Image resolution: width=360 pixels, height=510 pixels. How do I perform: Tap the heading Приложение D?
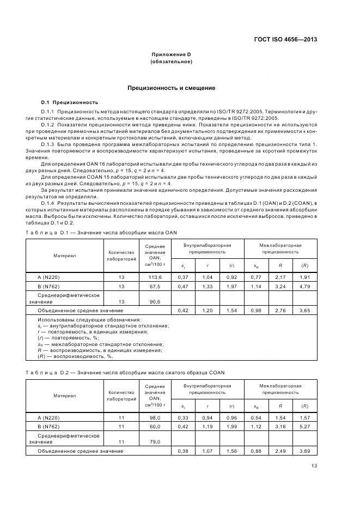pos(171,54)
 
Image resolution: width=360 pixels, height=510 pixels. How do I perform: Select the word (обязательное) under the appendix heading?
pos(171,62)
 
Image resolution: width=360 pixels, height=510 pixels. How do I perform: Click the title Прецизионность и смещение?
pos(171,87)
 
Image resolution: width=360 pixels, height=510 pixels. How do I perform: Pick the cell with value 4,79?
pos(304,286)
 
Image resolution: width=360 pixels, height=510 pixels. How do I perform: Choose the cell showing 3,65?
pos(304,310)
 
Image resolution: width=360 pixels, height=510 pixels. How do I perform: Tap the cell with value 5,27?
pos(304,426)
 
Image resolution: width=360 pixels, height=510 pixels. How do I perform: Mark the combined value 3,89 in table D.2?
pos(304,451)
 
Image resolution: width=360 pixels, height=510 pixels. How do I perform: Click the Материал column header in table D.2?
pos(65,396)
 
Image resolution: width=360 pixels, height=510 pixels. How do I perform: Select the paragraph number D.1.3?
pos(48,143)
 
